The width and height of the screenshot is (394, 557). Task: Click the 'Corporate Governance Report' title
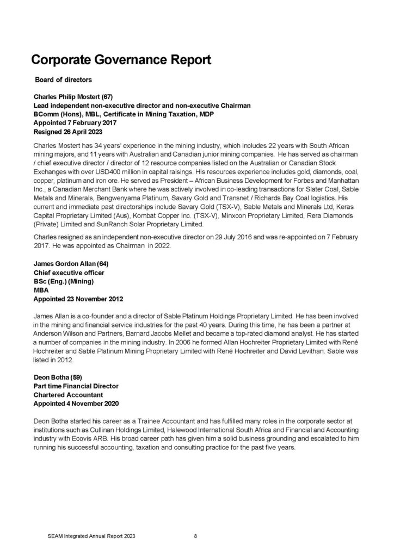click(121, 60)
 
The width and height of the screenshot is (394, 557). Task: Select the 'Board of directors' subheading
click(64, 80)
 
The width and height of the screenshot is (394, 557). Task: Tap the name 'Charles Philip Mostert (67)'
click(72, 97)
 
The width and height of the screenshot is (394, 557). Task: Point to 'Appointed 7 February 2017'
click(72, 123)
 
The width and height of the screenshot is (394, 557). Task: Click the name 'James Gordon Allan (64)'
click(71, 264)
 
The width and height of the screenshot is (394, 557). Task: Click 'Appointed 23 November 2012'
click(78, 299)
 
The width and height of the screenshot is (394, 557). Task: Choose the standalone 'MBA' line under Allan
click(41, 290)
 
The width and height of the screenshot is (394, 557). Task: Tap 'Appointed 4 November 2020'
click(76, 404)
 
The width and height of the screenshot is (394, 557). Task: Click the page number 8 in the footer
click(195, 536)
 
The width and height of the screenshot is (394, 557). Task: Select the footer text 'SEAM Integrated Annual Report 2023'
click(91, 536)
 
